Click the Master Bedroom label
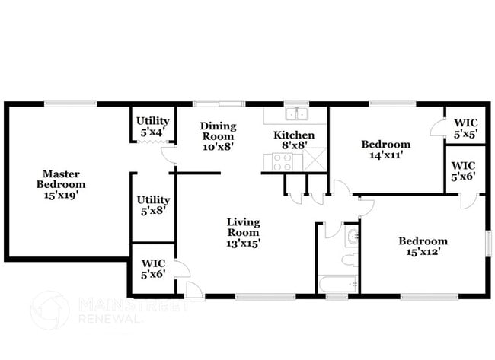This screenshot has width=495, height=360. pyautogui.click(x=63, y=183)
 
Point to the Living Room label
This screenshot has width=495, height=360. pyautogui.click(x=244, y=233)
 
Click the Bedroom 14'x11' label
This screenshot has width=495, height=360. pyautogui.click(x=385, y=148)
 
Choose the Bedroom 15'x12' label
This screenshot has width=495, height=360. pyautogui.click(x=423, y=246)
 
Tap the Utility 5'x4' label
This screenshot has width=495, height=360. pyautogui.click(x=152, y=126)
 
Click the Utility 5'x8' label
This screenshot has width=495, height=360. pyautogui.click(x=152, y=205)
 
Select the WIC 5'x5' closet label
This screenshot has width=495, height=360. pyautogui.click(x=465, y=128)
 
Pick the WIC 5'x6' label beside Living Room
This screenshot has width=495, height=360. pyautogui.click(x=152, y=270)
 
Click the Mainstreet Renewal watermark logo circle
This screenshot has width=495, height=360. pyautogui.click(x=49, y=311)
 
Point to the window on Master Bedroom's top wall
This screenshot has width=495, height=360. pyautogui.click(x=70, y=104)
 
